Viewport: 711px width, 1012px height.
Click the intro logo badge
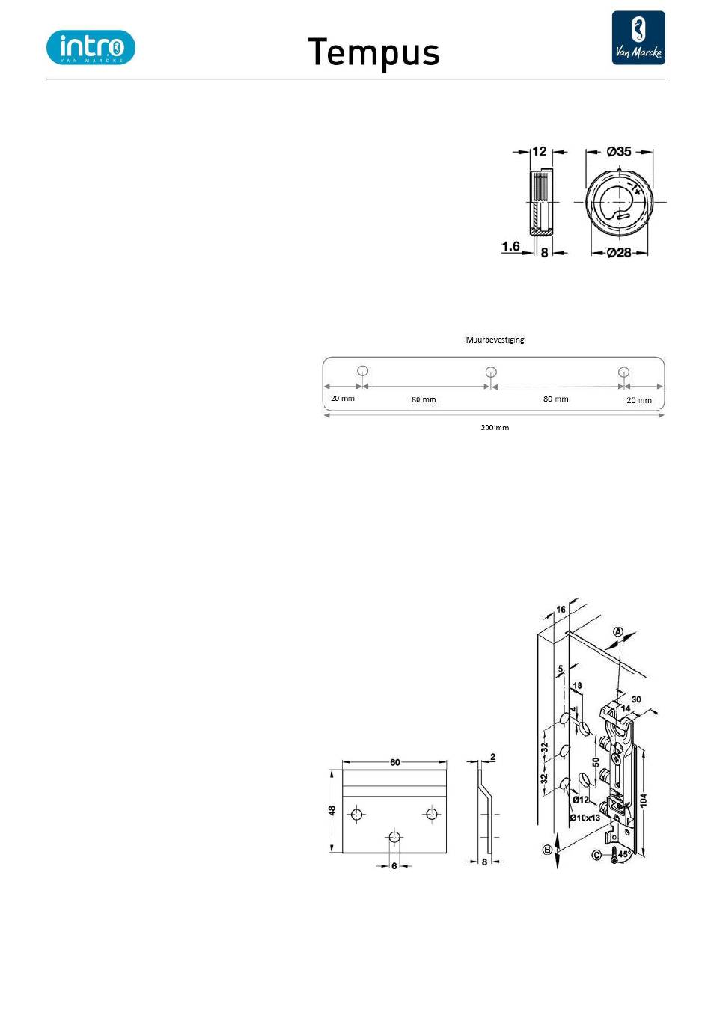click(x=91, y=47)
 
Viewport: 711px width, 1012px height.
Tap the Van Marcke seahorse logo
click(x=638, y=38)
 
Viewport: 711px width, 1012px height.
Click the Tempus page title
click(x=373, y=52)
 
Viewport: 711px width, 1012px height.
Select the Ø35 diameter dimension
click(x=619, y=151)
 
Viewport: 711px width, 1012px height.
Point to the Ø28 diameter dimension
click(x=619, y=252)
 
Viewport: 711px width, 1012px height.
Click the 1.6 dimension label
click(x=510, y=247)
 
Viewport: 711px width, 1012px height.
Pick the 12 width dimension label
click(x=540, y=151)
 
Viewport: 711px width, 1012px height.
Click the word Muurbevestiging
click(x=495, y=340)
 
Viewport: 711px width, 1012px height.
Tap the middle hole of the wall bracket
click(x=491, y=372)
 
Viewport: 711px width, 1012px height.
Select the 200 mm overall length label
click(x=495, y=427)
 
